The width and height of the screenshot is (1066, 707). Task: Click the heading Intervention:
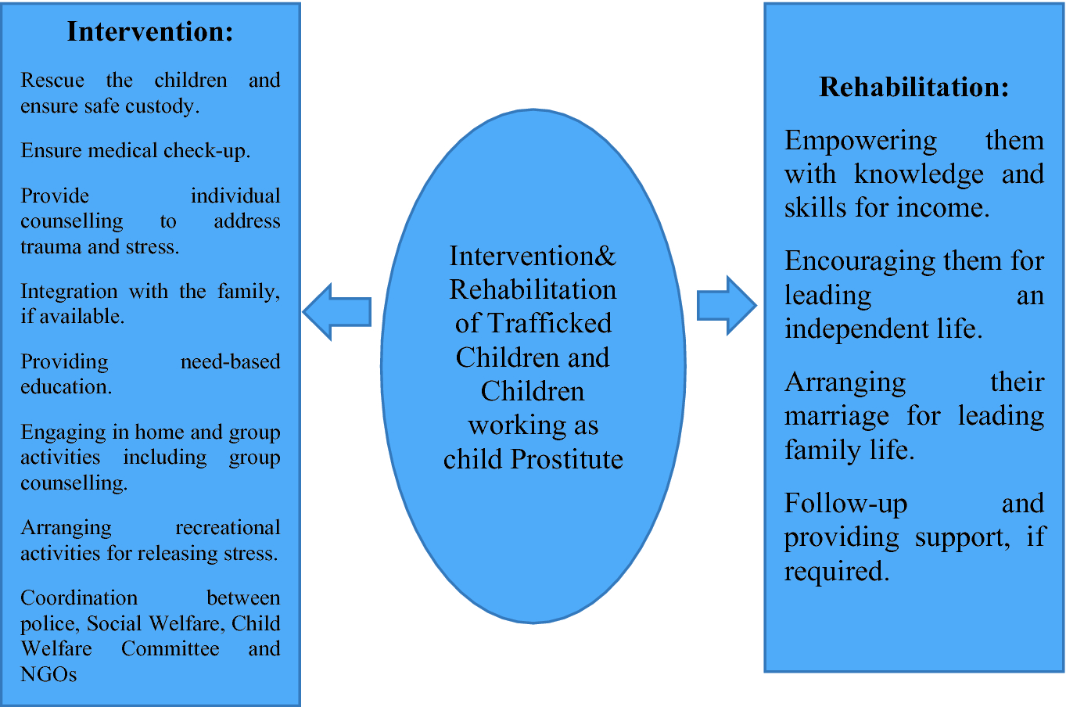point(150,31)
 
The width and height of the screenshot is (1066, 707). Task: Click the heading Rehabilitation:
point(913,87)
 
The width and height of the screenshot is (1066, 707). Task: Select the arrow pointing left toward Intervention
point(337,312)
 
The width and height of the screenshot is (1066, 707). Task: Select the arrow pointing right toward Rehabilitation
point(726,305)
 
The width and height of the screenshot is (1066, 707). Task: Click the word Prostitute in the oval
point(566,459)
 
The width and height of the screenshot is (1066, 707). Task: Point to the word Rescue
point(52,81)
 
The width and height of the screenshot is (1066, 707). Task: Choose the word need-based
point(230,362)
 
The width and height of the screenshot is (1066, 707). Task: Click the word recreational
point(228,528)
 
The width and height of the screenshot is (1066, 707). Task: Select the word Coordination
point(79,598)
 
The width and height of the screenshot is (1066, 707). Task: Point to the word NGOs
point(48,674)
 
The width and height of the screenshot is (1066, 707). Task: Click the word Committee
point(170,649)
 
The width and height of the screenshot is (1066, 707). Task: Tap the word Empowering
point(860,142)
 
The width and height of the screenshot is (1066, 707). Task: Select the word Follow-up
point(845,504)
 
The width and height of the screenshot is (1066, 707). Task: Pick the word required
point(836,572)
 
